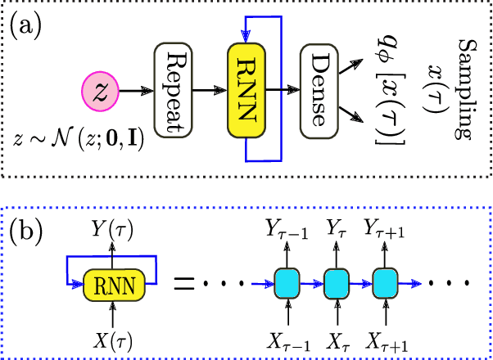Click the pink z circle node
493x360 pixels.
point(102,90)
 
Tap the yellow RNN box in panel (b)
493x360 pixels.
point(115,286)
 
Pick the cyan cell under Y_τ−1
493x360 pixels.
point(289,284)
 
